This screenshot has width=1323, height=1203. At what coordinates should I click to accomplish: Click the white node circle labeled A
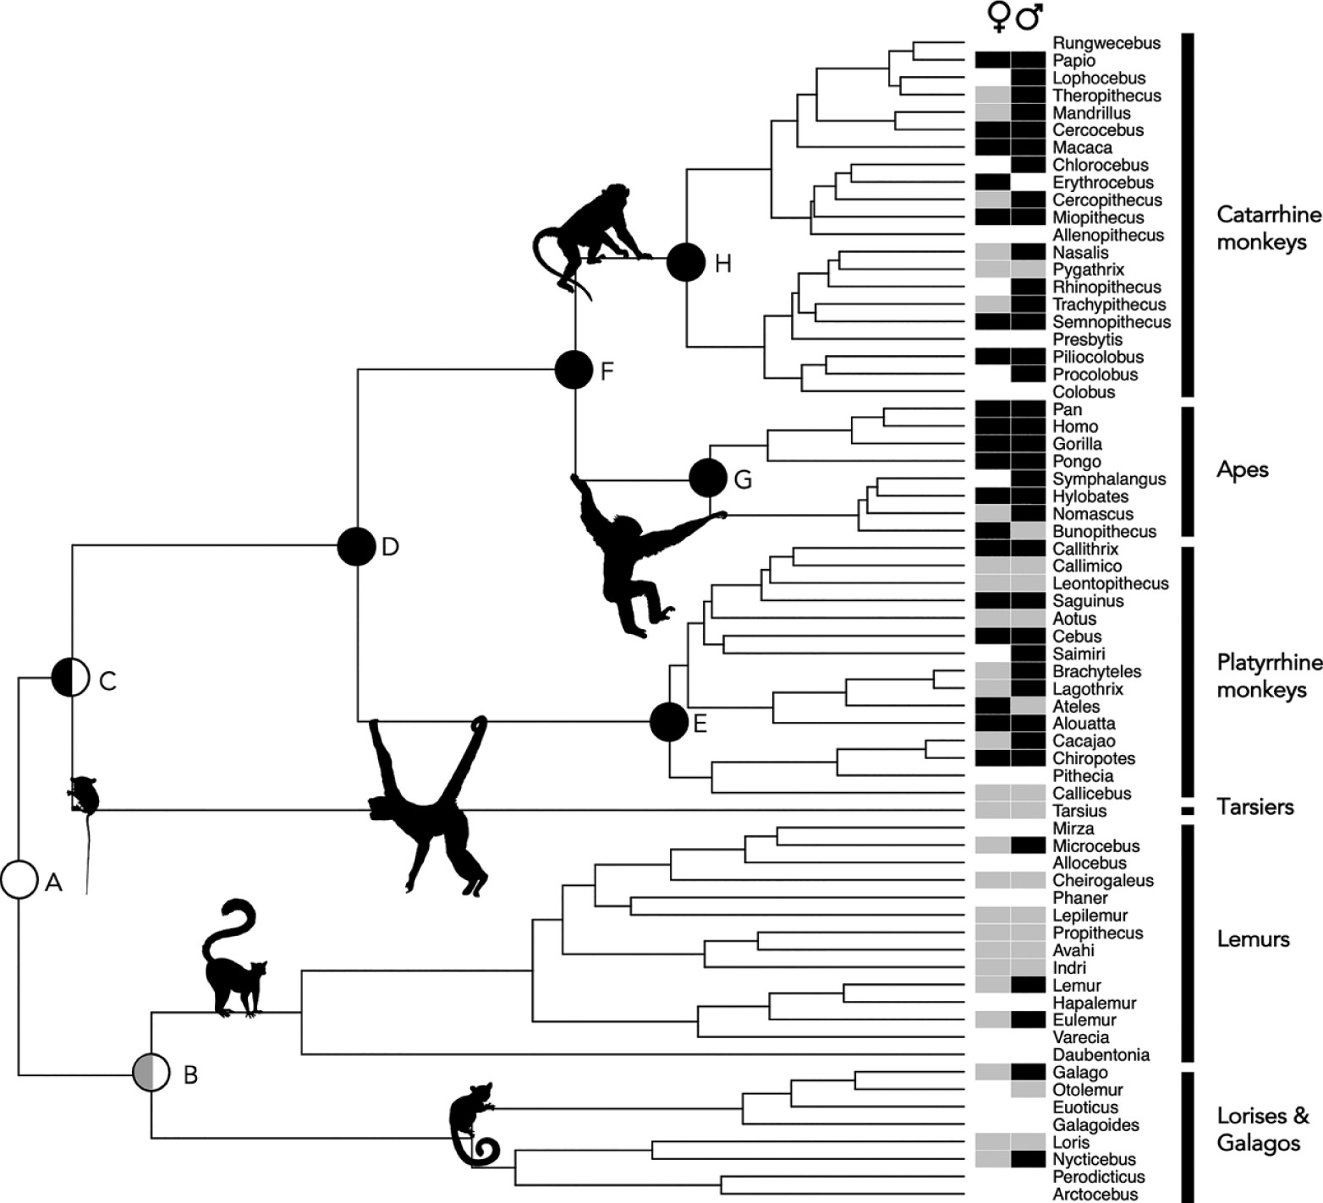[19, 881]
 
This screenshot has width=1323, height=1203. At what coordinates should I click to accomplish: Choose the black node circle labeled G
[708, 478]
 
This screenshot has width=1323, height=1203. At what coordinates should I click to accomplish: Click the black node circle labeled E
[669, 722]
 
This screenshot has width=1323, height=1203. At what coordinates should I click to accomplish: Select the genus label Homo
[1075, 427]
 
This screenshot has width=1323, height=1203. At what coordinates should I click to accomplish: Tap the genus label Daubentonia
[1101, 1055]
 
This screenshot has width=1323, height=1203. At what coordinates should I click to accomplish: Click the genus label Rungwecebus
[1106, 43]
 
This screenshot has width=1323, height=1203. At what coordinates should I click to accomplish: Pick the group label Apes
[1243, 470]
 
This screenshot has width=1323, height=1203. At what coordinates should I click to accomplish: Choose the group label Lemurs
[1253, 938]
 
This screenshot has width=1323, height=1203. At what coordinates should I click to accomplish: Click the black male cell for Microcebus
[1029, 845]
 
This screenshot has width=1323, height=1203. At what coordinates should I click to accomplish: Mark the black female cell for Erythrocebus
[993, 183]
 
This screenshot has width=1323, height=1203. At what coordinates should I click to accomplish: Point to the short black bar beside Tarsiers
[1188, 811]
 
